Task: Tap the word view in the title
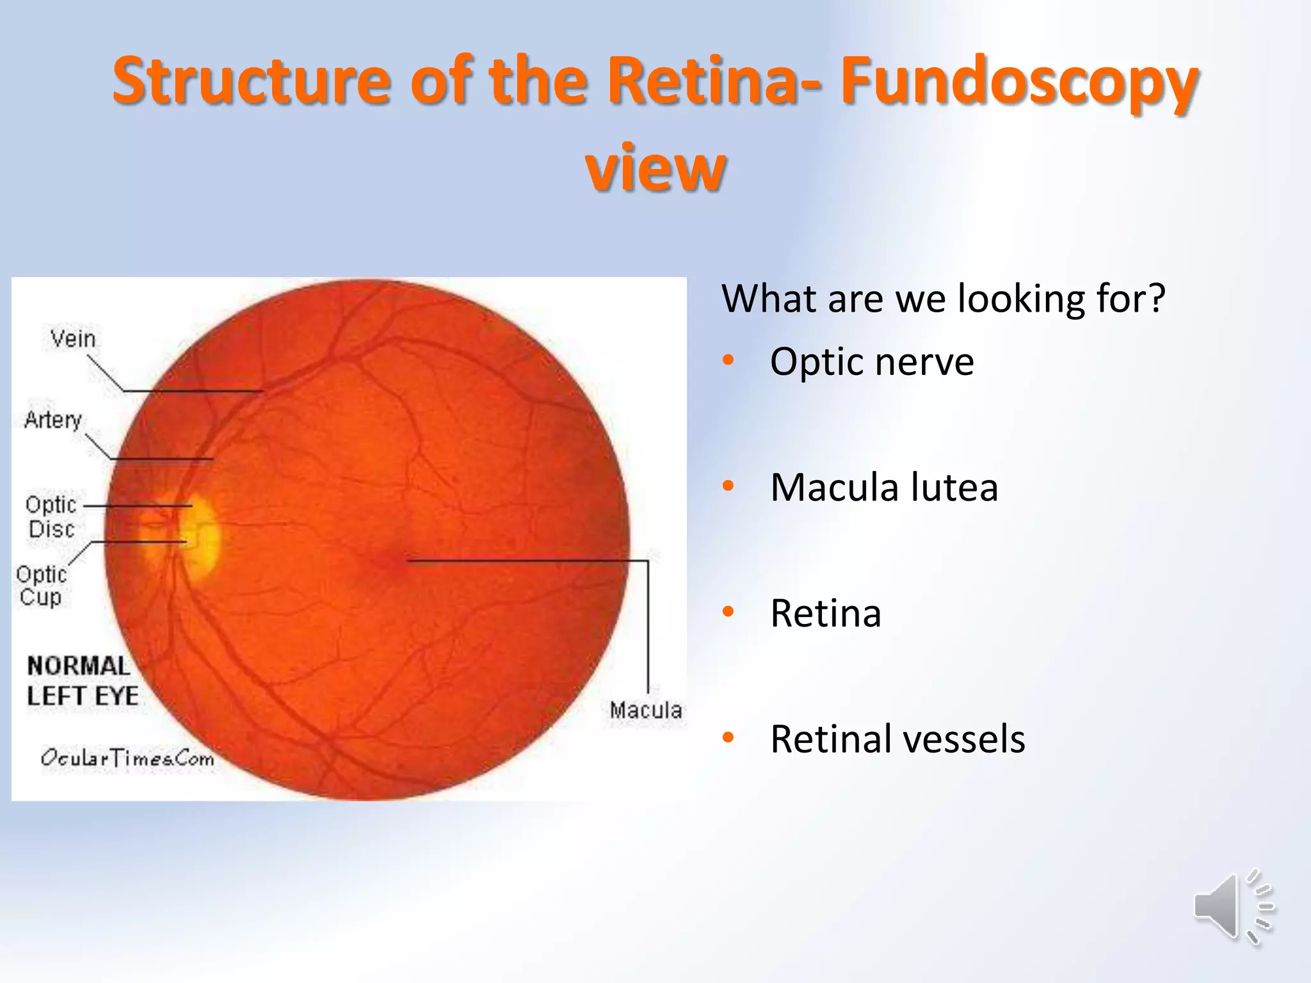(x=655, y=168)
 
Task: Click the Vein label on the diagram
(x=73, y=339)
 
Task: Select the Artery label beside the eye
(x=53, y=420)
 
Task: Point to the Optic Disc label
(x=51, y=517)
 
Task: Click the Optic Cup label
(x=41, y=586)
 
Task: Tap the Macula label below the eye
(x=645, y=710)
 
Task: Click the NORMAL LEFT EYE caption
(x=82, y=681)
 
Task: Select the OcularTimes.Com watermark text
(x=127, y=758)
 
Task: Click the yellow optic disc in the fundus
(x=200, y=534)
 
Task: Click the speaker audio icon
(x=1232, y=906)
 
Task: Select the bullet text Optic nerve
(x=871, y=362)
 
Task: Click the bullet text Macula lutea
(x=883, y=487)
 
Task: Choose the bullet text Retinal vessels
(x=897, y=739)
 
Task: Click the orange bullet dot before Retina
(x=728, y=612)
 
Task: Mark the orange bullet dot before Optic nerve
(x=728, y=360)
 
